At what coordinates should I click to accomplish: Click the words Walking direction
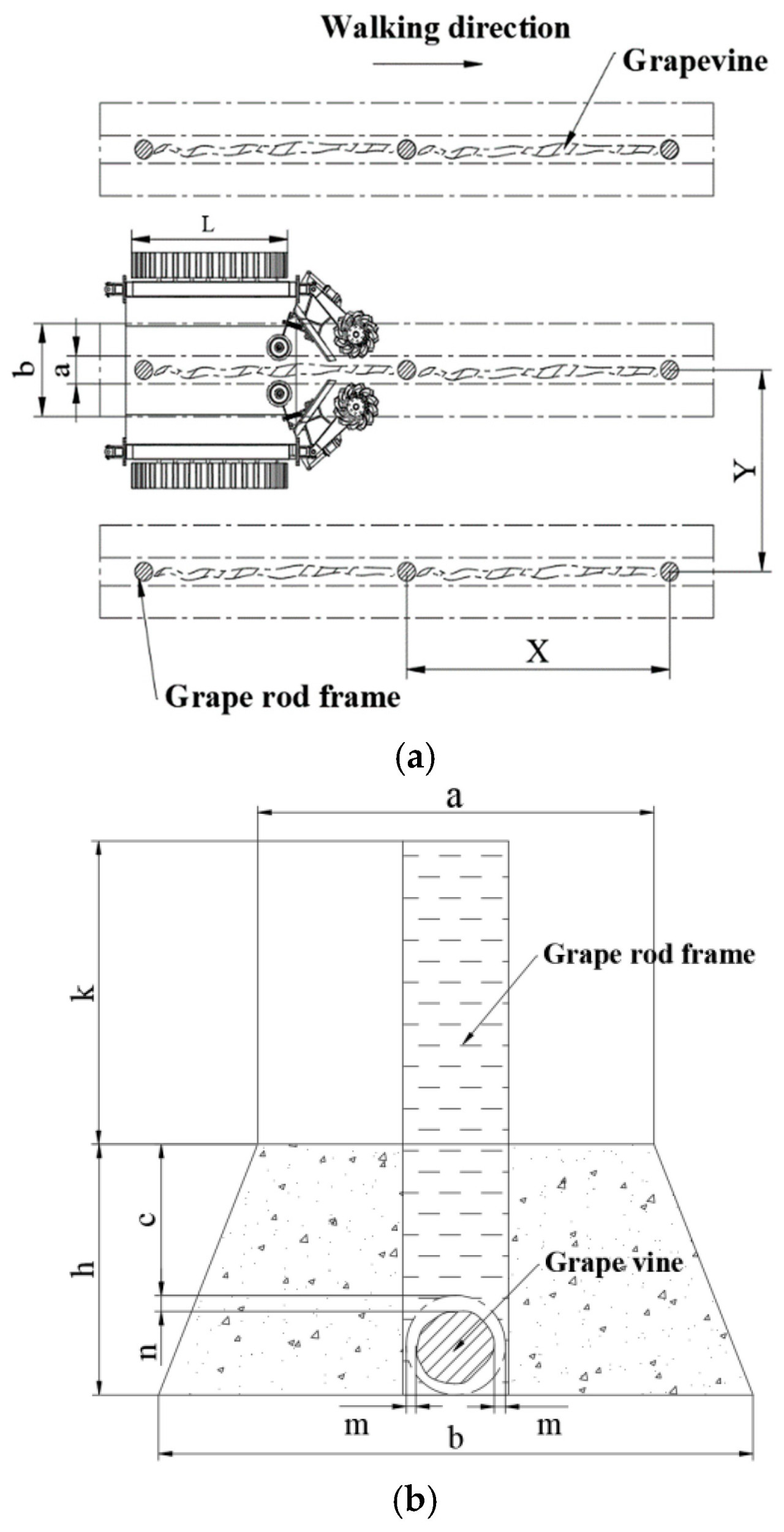(446, 28)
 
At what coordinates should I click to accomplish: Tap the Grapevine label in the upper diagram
(695, 61)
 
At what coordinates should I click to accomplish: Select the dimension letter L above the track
(208, 225)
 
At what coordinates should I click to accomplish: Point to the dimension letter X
(538, 651)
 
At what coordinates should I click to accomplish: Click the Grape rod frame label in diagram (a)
(282, 697)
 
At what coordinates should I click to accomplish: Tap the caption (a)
(415, 757)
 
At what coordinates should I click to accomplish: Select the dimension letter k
(84, 992)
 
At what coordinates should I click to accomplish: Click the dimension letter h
(84, 1268)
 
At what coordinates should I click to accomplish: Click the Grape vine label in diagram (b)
(614, 1262)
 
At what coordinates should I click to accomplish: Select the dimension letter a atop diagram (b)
(454, 797)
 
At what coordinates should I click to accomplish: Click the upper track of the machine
(209, 265)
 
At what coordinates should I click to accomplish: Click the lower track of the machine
(209, 476)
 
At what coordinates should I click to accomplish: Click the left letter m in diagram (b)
(356, 1425)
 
